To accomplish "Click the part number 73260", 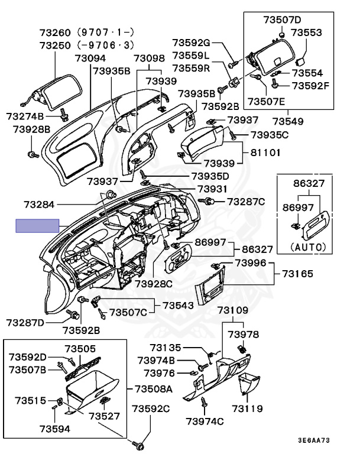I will tap(55, 32).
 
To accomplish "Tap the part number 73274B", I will tap(25, 116).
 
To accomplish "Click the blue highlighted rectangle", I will tap(37, 226).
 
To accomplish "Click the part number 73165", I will tap(297, 274).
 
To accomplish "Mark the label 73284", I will tap(40, 205).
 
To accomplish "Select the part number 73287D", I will tap(25, 323).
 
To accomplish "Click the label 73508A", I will tap(153, 389).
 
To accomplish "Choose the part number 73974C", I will tap(205, 421).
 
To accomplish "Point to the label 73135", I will tap(165, 348).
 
